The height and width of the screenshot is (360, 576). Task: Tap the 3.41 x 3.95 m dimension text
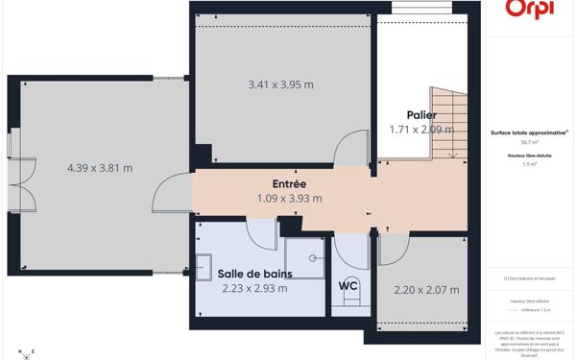click(280, 84)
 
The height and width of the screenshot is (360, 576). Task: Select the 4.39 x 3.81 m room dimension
click(100, 168)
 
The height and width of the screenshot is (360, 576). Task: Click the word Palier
click(421, 114)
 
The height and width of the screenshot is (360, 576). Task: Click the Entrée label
click(288, 183)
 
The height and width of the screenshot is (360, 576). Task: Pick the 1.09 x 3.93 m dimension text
click(289, 199)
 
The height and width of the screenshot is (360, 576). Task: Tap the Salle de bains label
click(254, 273)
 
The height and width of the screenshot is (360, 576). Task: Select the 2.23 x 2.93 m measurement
click(255, 287)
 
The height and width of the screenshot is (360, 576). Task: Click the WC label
click(348, 285)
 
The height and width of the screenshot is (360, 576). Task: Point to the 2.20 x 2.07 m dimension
click(426, 289)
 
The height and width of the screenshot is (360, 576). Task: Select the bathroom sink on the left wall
click(204, 265)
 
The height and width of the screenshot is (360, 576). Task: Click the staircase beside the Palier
click(445, 122)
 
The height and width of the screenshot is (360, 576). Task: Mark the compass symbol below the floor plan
click(29, 352)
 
